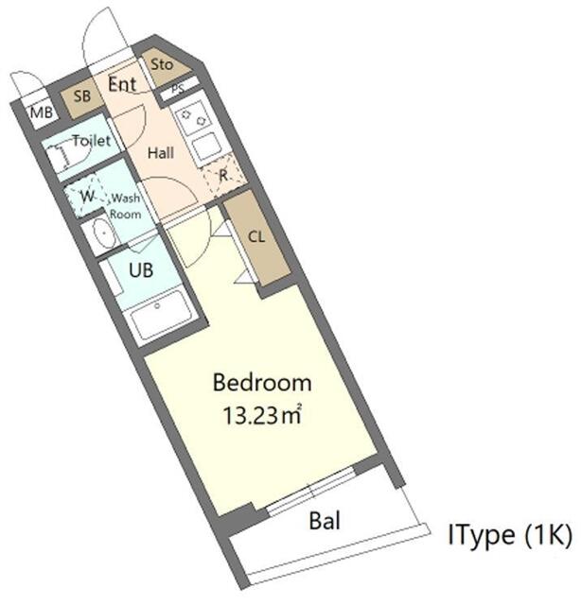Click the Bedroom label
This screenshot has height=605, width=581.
262,383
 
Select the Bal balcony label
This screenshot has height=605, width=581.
325,520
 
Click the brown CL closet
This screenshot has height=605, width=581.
256,237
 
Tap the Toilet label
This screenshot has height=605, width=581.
92,141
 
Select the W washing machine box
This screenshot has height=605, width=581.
87,197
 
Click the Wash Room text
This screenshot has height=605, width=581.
126,206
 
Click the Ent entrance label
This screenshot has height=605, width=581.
122,84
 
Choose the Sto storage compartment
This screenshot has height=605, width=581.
162,65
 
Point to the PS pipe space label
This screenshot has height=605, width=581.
179,91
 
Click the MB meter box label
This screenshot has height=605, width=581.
41,113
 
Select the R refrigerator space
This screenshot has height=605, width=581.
223,174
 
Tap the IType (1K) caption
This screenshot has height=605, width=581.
509,536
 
